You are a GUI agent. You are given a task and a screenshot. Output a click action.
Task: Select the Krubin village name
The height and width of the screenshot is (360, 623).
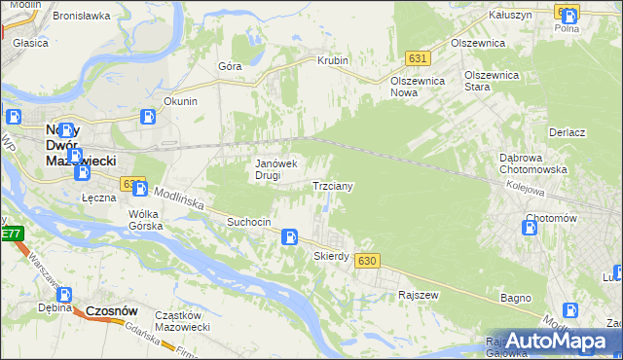point(333,60)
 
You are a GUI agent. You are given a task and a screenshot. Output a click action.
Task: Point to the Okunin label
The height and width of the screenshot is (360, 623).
point(181,101)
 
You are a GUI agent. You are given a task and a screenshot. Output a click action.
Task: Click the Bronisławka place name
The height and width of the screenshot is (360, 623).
point(80,17)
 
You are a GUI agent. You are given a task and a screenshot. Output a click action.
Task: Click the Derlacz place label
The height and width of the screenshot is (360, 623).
point(567,132)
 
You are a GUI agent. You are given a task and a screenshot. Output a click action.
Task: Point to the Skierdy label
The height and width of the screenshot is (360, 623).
point(331,256)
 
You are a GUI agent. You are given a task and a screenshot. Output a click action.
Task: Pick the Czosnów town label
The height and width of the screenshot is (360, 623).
point(111,310)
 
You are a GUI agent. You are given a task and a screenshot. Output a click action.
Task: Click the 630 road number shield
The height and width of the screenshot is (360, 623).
point(366,261)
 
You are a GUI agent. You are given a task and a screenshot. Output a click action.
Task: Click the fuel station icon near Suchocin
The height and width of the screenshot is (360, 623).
point(289,236)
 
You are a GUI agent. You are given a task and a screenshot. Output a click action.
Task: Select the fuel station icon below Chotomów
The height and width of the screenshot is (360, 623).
point(530,228)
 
